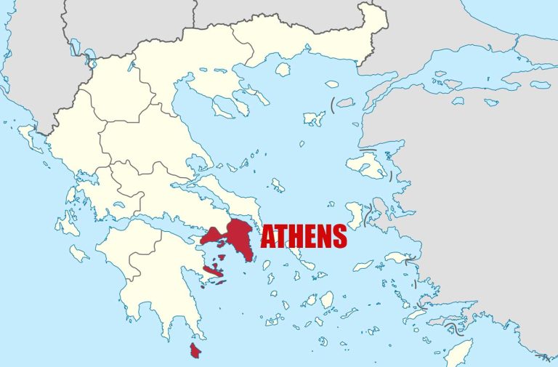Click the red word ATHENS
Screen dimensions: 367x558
(x=303, y=236)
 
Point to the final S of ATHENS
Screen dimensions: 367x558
(x=338, y=236)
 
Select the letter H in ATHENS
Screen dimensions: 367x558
(x=294, y=236)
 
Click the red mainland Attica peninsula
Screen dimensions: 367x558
(x=239, y=236)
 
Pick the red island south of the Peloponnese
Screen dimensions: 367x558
(x=195, y=351)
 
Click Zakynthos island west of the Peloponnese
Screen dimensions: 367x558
(x=79, y=254)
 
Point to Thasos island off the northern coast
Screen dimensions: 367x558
(x=283, y=69)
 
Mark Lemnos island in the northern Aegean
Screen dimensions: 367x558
(x=315, y=118)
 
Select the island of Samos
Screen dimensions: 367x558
(x=398, y=257)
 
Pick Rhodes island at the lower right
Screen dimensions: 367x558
(x=458, y=352)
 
